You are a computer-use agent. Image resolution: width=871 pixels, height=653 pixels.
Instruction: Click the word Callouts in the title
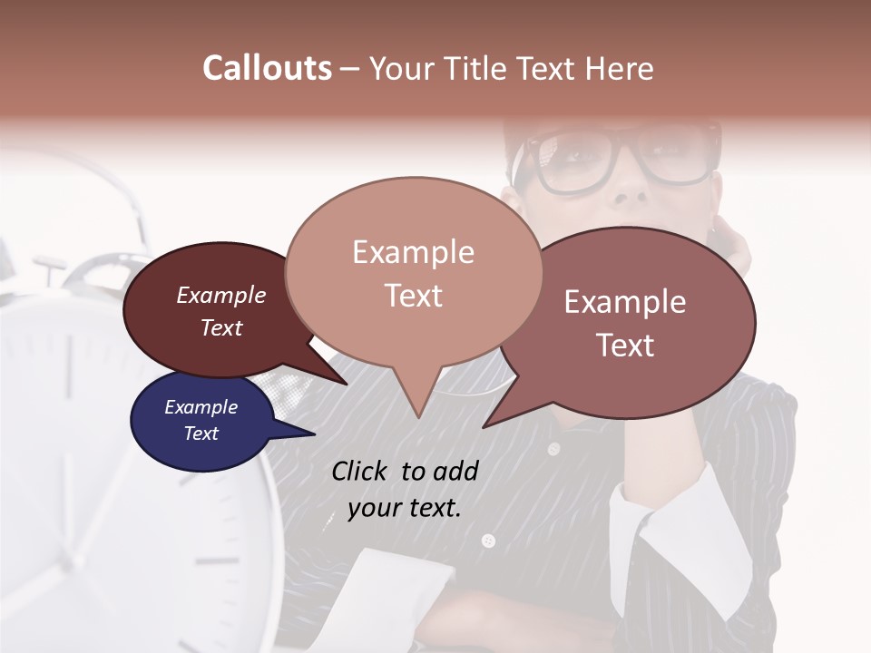pos(267,68)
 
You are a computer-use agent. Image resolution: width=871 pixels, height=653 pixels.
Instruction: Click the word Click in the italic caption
pos(361,471)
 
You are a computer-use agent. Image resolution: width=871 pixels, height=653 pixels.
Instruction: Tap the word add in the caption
pos(455,471)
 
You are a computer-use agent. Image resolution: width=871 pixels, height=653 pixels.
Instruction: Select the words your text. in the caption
pos(405,508)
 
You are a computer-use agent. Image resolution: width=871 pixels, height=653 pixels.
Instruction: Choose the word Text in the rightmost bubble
pos(625,345)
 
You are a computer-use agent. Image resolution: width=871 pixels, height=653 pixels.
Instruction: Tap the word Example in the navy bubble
pos(201,407)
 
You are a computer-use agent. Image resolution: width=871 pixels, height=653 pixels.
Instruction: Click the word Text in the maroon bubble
pos(221,327)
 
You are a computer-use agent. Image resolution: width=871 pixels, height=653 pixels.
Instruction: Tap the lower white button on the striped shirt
pos(488,541)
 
